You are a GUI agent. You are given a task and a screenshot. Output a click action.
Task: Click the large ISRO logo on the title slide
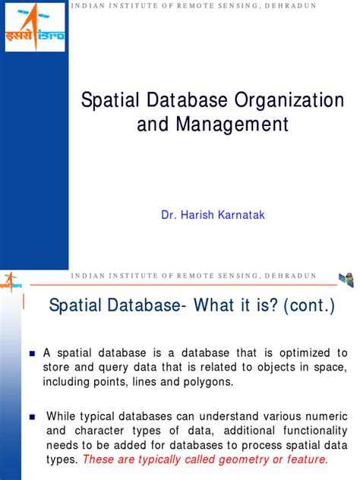(x=35, y=27)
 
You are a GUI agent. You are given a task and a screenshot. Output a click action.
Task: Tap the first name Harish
(x=202, y=216)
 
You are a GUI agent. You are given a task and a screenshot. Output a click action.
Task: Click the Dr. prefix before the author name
(x=169, y=216)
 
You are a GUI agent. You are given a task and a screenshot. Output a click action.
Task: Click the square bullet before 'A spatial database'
(x=32, y=354)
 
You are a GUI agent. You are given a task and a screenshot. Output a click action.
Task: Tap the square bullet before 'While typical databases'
(x=32, y=416)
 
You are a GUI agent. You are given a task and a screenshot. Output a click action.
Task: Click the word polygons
(x=210, y=381)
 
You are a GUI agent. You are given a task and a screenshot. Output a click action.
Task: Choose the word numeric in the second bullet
(x=324, y=415)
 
